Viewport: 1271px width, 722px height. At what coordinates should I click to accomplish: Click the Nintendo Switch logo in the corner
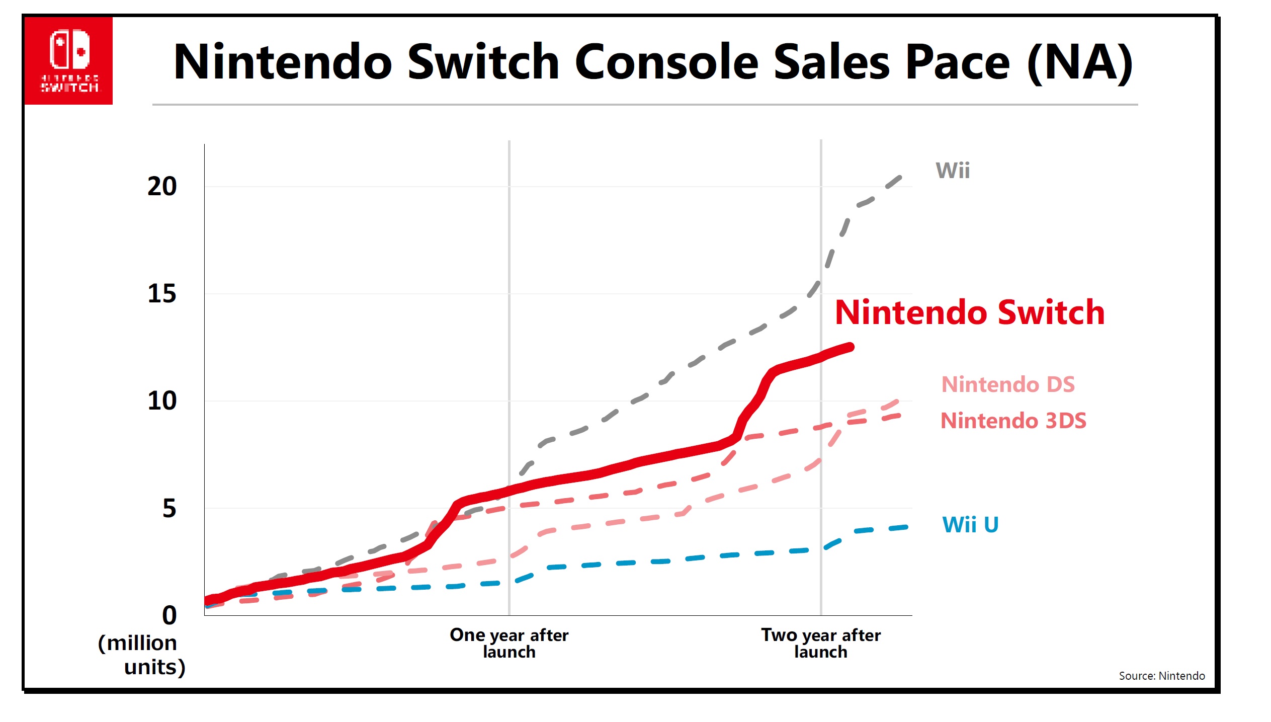coord(68,61)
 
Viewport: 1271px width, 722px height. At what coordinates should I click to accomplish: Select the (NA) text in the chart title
coord(1080,63)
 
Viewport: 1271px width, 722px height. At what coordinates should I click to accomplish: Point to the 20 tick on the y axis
coord(162,187)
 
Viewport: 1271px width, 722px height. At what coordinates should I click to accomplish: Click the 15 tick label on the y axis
coord(162,294)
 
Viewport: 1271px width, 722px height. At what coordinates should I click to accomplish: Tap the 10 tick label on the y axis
coord(162,401)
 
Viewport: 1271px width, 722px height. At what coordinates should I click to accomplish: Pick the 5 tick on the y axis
coord(169,508)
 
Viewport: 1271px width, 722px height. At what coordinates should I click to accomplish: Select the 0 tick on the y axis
coord(169,615)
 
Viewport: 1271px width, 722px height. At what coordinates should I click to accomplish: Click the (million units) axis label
coord(142,655)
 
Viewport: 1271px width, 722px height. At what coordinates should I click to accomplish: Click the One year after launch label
coord(509,644)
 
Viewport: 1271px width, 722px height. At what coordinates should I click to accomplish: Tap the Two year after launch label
coord(821,644)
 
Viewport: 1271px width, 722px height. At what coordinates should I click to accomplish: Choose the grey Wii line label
coord(953,171)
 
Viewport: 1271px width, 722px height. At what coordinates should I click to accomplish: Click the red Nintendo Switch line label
coord(970,312)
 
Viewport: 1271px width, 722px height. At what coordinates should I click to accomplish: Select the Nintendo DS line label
coord(1008,384)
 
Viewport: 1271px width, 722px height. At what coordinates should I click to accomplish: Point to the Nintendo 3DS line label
coord(1013,421)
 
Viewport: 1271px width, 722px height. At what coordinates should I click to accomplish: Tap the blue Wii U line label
coord(970,525)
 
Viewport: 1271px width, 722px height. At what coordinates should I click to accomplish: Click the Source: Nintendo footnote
coord(1161,676)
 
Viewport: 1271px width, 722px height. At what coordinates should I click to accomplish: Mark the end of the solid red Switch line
coord(850,347)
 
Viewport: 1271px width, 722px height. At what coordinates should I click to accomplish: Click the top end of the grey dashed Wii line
coord(900,177)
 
